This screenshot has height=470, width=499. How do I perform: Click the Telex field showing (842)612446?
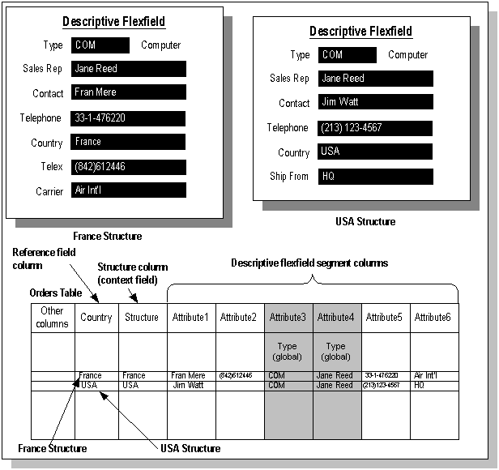[x=128, y=167]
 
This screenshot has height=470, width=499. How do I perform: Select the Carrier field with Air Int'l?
[x=128, y=190]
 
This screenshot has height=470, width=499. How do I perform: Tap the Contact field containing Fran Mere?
[x=128, y=92]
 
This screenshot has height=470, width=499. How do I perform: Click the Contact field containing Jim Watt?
[x=375, y=103]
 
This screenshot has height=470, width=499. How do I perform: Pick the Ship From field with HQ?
[x=375, y=176]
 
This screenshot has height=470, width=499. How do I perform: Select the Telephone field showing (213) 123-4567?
[x=375, y=128]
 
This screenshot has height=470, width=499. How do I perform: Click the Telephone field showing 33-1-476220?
[x=128, y=117]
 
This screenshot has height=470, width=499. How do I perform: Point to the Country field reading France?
[x=128, y=142]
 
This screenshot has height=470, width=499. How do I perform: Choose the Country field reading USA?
[x=375, y=152]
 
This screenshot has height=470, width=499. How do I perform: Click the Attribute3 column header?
[x=288, y=318]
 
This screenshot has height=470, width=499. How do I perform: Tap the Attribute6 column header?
[x=433, y=318]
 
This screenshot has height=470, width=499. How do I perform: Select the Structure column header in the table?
[x=142, y=318]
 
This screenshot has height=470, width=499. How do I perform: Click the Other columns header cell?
[x=53, y=318]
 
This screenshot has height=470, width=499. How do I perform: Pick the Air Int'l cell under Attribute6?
[x=429, y=376]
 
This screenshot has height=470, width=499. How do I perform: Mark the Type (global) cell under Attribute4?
[x=335, y=352]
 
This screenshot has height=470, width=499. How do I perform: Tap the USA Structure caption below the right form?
[x=365, y=221]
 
